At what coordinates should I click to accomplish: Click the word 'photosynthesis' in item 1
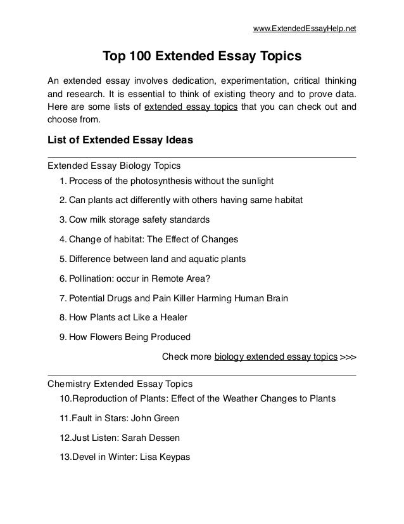[x=160, y=181]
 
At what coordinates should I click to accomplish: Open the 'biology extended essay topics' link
[x=275, y=357]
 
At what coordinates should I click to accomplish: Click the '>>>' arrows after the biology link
[x=348, y=357]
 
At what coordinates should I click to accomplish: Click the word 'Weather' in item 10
[x=240, y=399]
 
